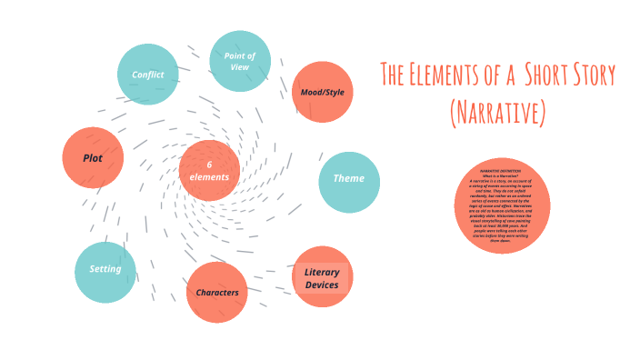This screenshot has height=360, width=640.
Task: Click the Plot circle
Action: pos(92,157)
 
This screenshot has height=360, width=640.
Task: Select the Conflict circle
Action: pos(148,74)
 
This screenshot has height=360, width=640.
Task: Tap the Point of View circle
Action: pos(240,61)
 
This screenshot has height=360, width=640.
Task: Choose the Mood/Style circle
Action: pos(322,92)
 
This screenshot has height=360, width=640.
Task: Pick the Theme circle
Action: pos(348,178)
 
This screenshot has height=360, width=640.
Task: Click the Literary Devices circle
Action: pos(322,277)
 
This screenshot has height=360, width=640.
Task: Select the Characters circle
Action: pos(216,292)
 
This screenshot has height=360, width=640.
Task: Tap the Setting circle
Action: pos(105,270)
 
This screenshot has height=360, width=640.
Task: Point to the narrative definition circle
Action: pos(504,206)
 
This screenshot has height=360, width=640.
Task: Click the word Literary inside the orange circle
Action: pos(322,272)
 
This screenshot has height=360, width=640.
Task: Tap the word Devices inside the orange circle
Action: pos(322,285)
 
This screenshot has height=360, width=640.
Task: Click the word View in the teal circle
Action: pos(240,67)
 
